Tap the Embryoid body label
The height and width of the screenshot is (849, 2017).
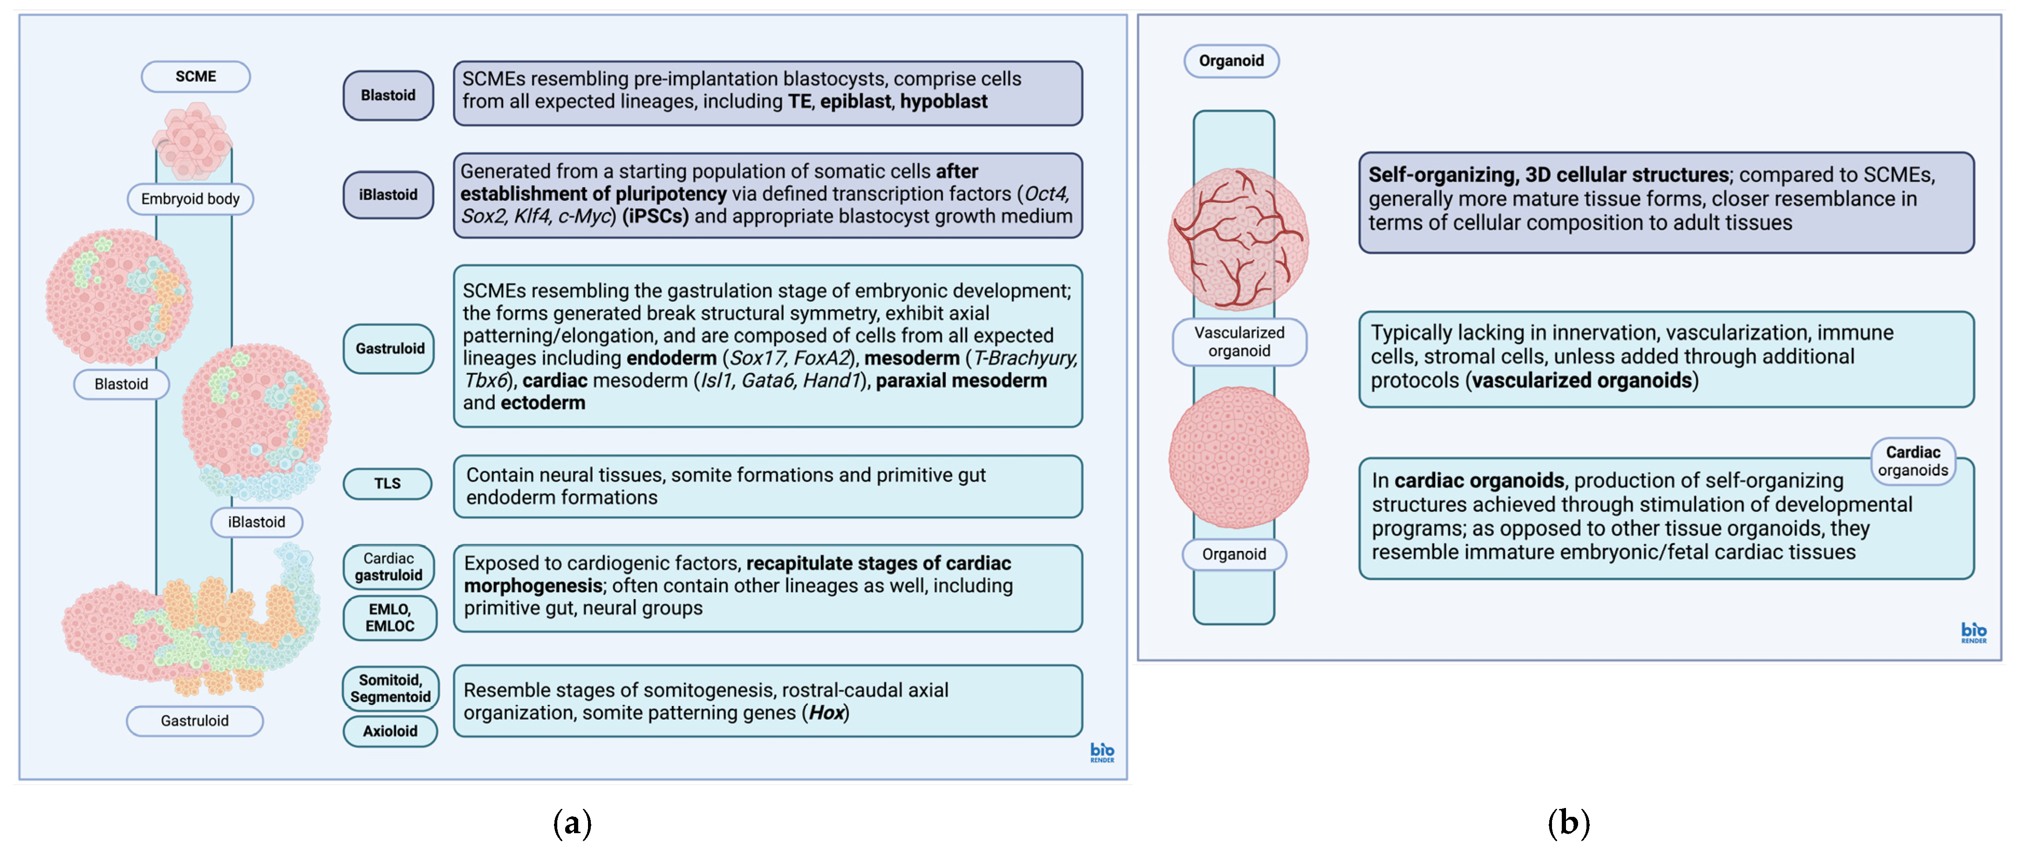point(190,199)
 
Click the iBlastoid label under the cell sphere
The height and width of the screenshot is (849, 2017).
point(257,522)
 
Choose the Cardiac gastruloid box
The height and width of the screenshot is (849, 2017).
point(389,567)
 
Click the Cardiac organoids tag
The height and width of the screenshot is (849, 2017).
point(1913,461)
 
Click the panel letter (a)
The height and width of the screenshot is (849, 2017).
point(572,823)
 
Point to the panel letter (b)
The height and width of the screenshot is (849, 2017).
point(1568,823)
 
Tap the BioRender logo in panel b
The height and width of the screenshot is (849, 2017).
point(1973,632)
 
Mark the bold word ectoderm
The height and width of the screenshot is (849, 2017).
point(543,403)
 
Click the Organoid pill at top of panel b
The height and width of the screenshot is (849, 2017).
point(1231,61)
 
